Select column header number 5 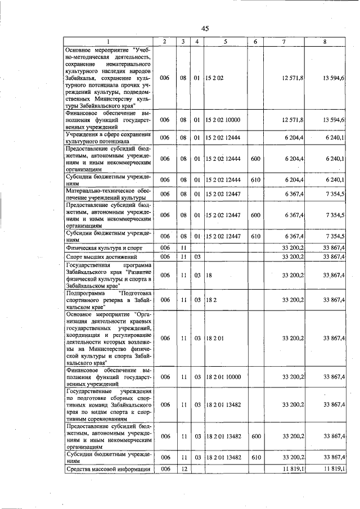pyautogui.click(x=224, y=42)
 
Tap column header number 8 pyautogui.click(x=325, y=42)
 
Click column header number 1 pyautogui.click(x=109, y=42)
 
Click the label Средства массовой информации pyautogui.click(x=109, y=469)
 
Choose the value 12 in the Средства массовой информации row pyautogui.click(x=183, y=469)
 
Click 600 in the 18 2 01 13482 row pyautogui.click(x=255, y=436)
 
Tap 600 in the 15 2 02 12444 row pyautogui.click(x=255, y=159)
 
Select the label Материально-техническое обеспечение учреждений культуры pyautogui.click(x=108, y=194)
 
